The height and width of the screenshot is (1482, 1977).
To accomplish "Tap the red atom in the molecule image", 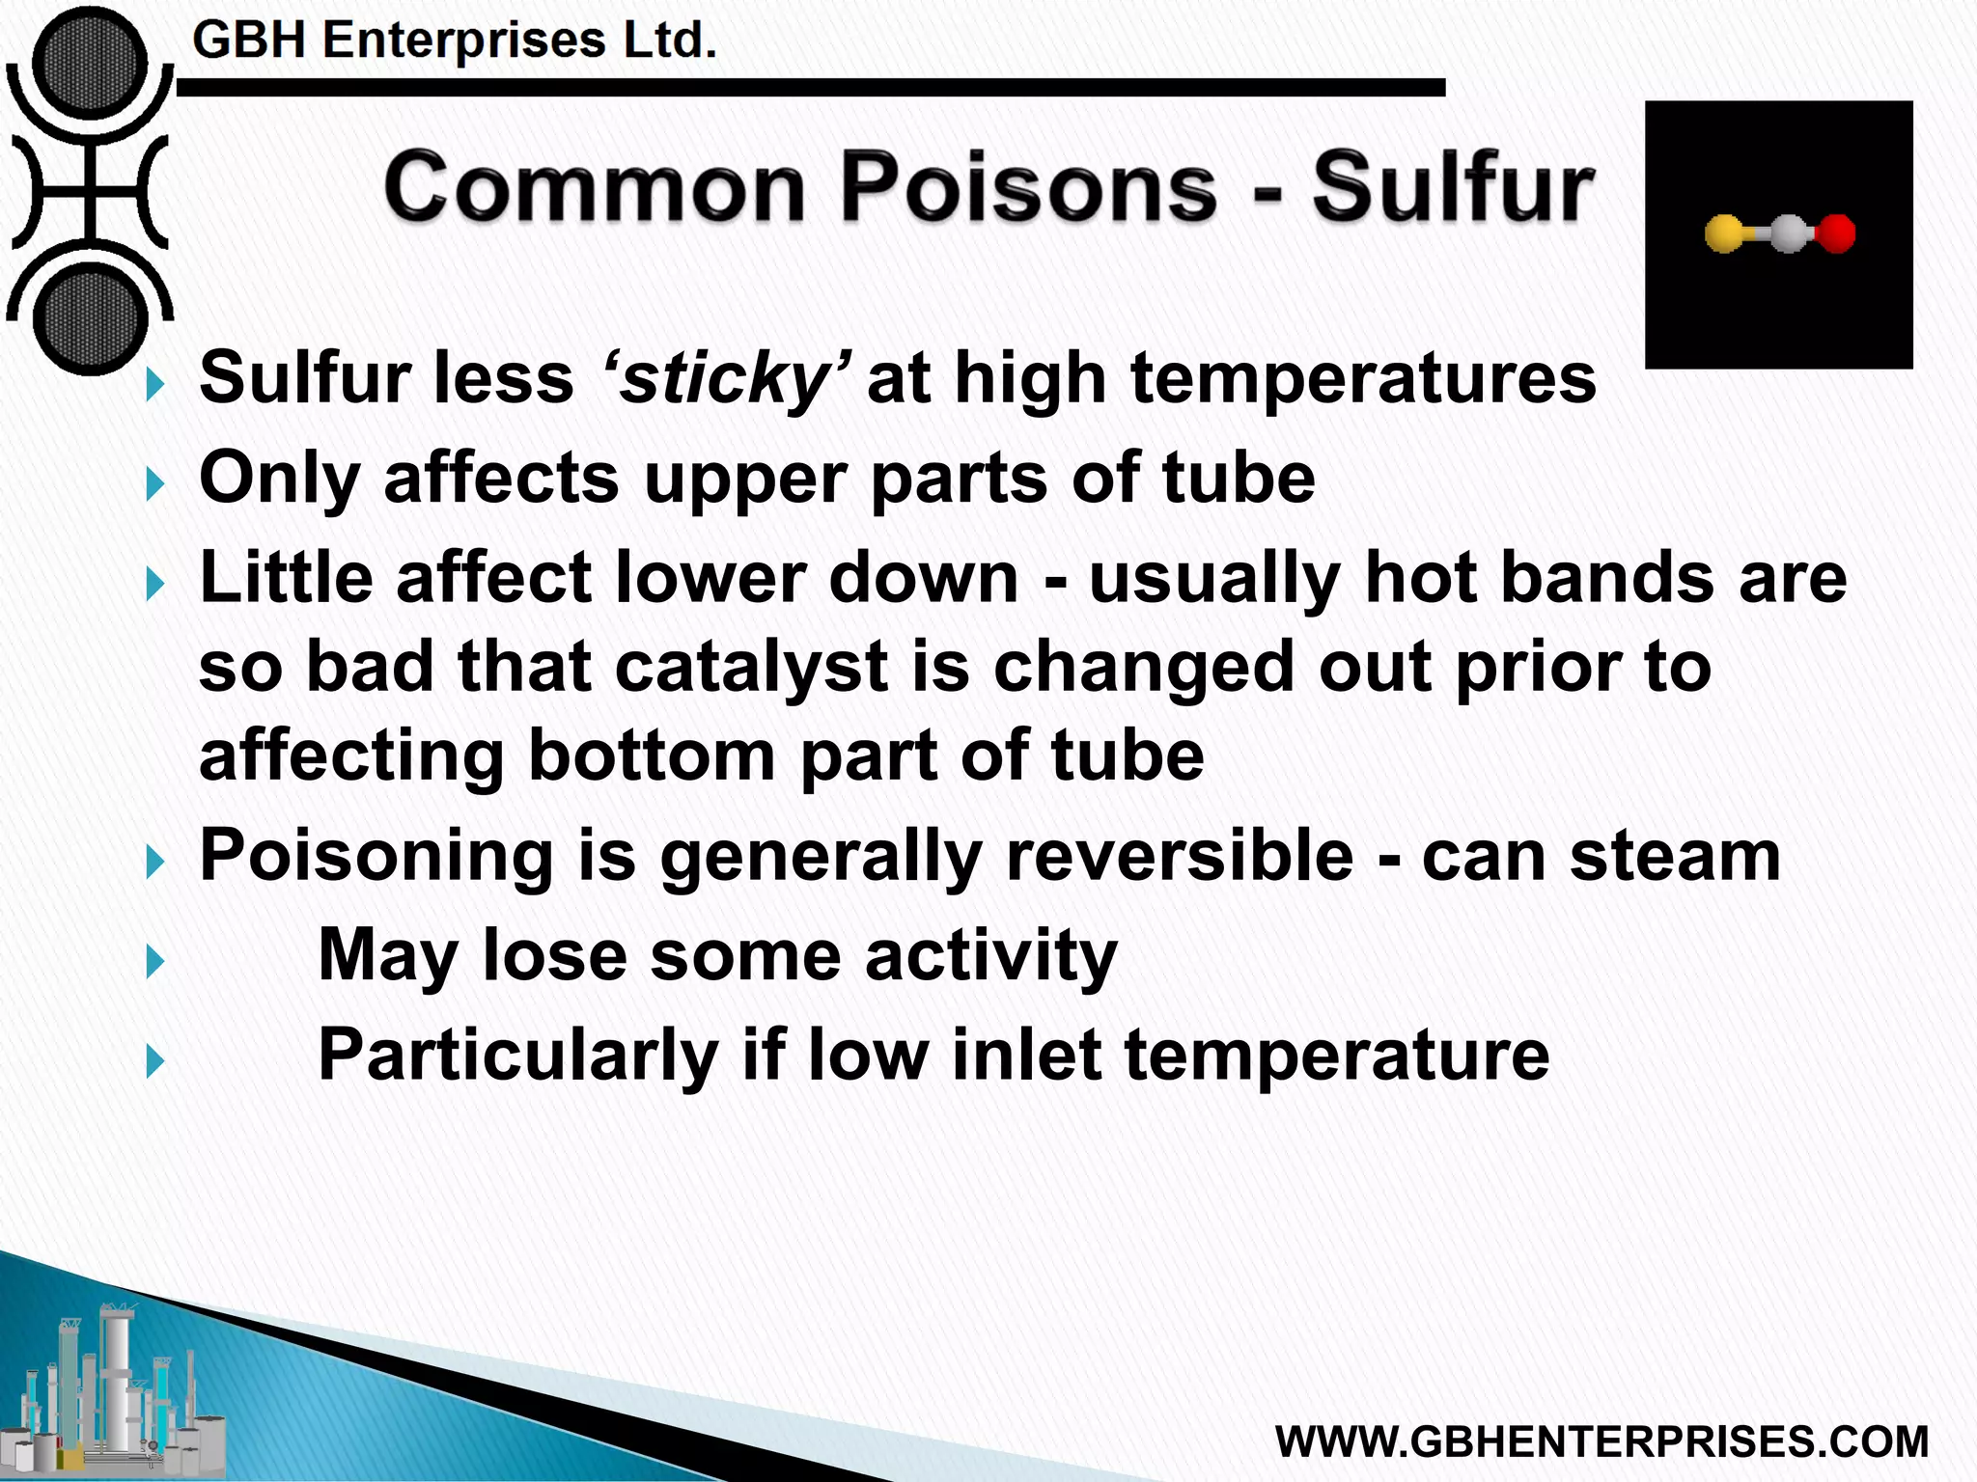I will tap(1836, 233).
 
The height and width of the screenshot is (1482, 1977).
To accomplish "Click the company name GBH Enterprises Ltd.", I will tap(455, 41).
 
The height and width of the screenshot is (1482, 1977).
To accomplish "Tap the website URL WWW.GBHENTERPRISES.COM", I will tap(1601, 1441).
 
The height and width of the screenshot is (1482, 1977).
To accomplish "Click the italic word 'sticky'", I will tap(725, 378).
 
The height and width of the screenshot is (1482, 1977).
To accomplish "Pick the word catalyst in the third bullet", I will tap(750, 667).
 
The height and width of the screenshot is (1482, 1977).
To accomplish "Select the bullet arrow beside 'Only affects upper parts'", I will tap(154, 483).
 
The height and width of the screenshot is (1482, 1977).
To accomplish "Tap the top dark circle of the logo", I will tap(90, 65).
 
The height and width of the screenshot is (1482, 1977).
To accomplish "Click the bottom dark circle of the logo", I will tap(90, 318).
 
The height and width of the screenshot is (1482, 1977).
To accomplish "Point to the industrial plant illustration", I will tap(116, 1389).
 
